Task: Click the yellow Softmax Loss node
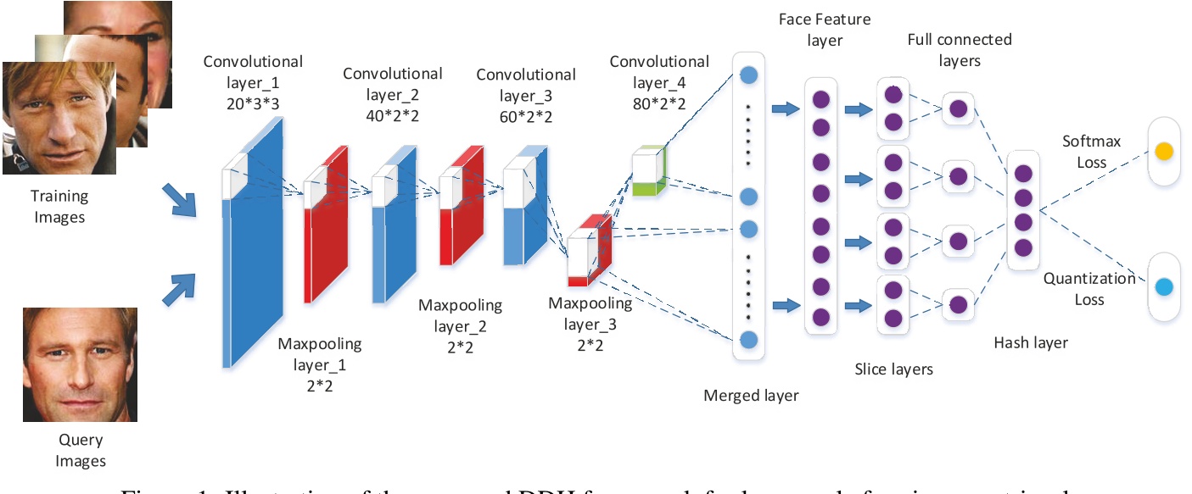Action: (x=1163, y=153)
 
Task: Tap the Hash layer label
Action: (x=1031, y=342)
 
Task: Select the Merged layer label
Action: (x=751, y=394)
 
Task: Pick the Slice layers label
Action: (x=894, y=369)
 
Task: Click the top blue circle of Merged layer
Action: (x=748, y=75)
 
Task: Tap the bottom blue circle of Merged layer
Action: (x=748, y=340)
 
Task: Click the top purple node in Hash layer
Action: (x=1023, y=174)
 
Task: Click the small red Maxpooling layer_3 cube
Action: (x=589, y=252)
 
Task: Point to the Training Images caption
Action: (x=60, y=207)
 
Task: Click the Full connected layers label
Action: (x=959, y=50)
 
